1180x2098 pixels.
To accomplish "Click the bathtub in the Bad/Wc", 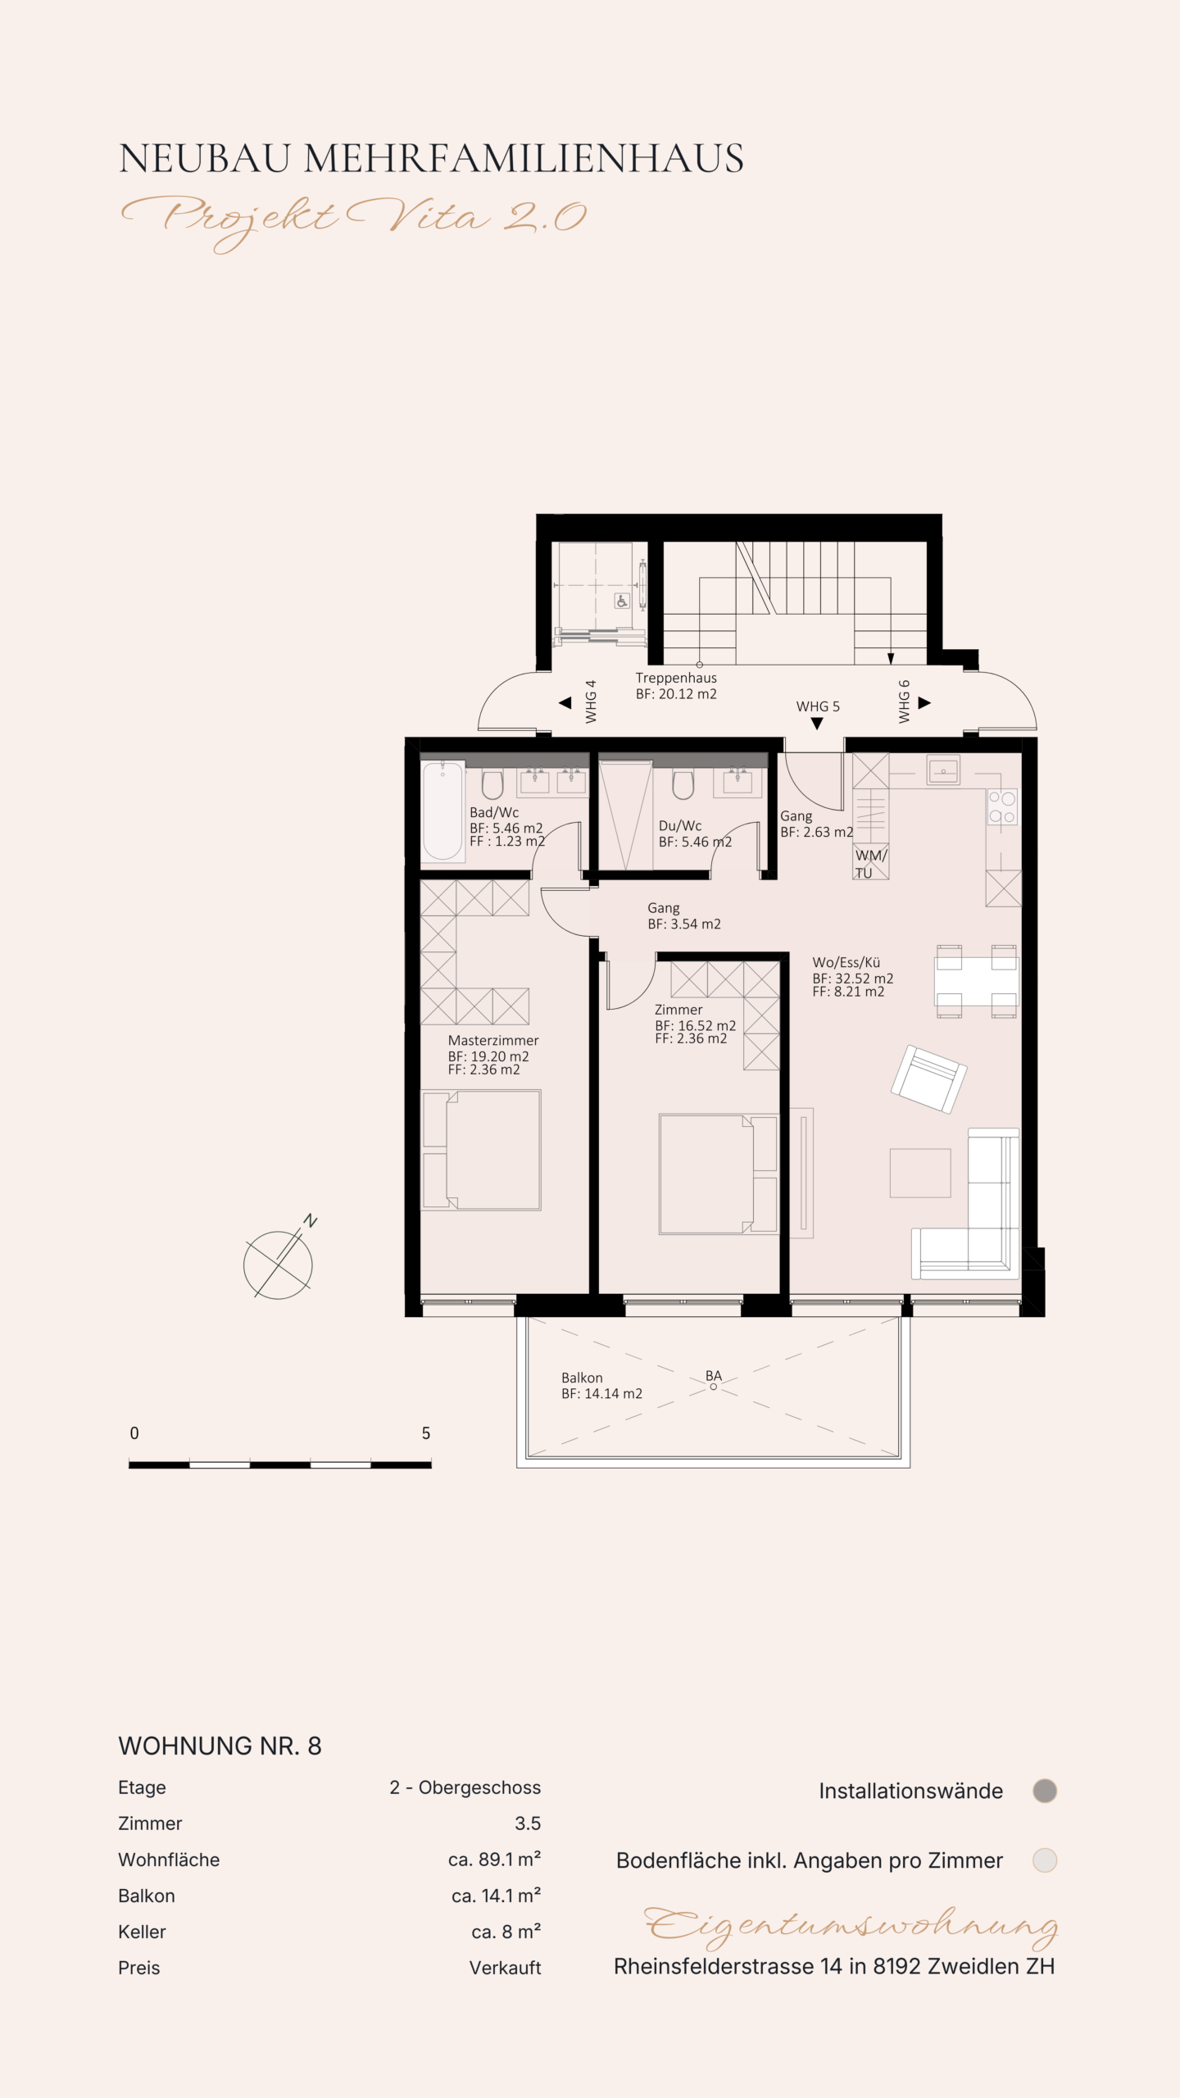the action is [x=442, y=811].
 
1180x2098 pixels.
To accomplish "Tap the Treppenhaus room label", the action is [x=676, y=678].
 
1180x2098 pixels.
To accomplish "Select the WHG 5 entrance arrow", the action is [x=817, y=724].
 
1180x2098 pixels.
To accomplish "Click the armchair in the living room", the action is [x=929, y=1079].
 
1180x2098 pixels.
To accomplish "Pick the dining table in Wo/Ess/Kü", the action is [x=976, y=981].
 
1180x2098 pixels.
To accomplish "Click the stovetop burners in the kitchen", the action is [x=1002, y=806].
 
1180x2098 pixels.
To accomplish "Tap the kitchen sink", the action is [x=943, y=770].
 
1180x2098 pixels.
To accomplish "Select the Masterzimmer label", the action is [x=493, y=1041].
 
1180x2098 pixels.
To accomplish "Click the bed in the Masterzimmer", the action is [x=481, y=1150].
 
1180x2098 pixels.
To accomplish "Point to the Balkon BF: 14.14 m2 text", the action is [x=601, y=1386].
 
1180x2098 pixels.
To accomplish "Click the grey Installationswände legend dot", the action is [x=1045, y=1791].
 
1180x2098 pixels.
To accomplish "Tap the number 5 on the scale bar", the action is [x=426, y=1433].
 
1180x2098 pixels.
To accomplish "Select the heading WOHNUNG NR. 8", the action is [x=220, y=1746].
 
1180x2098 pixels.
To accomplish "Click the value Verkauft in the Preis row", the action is [x=505, y=1968].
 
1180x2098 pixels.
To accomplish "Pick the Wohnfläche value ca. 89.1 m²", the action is [x=494, y=1860].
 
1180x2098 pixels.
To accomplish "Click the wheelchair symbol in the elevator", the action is [x=622, y=602].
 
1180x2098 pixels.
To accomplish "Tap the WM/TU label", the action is [x=870, y=864].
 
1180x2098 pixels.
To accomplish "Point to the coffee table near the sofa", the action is [x=920, y=1173].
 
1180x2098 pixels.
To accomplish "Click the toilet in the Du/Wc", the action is [x=683, y=784].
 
